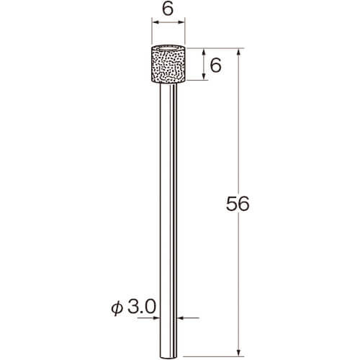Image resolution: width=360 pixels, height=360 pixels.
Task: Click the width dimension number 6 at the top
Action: coord(168,9)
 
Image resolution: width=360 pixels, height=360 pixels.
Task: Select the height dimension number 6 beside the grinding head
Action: coord(215,66)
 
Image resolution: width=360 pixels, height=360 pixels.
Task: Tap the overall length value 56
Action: coord(238,204)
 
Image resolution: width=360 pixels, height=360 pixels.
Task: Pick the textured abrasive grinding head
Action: coord(168,64)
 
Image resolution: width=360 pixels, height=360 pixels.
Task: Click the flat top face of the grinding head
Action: coord(168,48)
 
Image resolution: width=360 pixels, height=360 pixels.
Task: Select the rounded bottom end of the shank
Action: coord(168,357)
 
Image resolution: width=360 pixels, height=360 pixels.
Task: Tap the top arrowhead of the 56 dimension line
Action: coord(238,53)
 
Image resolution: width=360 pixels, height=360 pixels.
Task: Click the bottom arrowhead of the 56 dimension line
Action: coord(238,352)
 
